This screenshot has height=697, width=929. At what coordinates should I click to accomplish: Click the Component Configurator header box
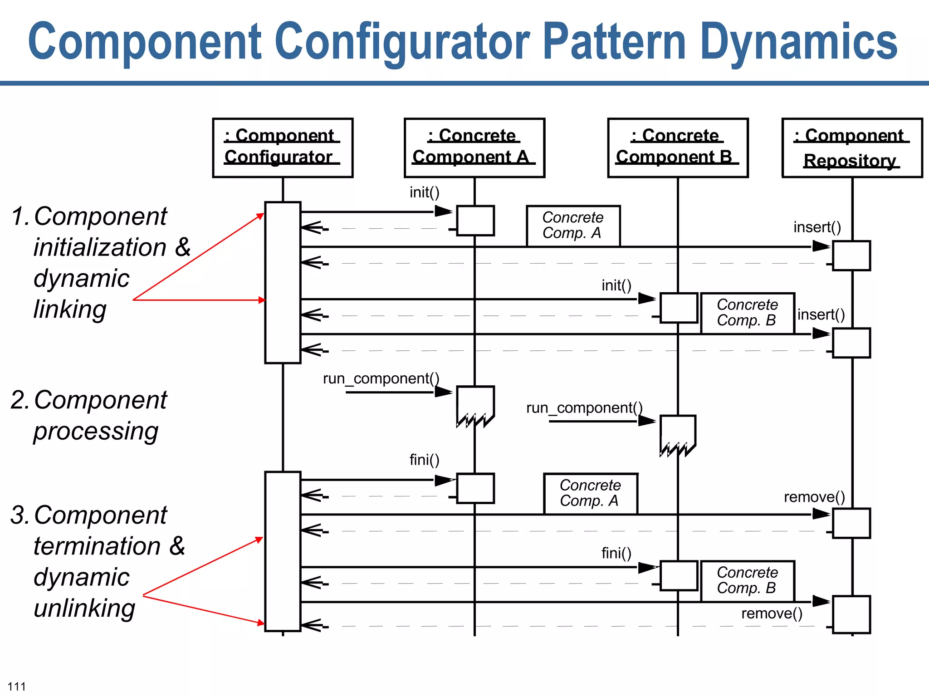(283, 147)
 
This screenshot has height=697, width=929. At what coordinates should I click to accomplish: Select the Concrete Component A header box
(474, 147)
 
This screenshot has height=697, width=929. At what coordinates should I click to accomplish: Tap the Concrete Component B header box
(678, 147)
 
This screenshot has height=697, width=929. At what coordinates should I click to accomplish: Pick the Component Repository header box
(852, 147)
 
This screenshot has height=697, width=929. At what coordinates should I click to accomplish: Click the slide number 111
(17, 686)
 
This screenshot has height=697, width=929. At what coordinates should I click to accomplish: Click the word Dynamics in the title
(798, 42)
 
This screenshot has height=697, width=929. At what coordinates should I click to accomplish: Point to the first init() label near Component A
(424, 192)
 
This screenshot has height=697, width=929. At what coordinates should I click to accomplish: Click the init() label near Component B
(616, 285)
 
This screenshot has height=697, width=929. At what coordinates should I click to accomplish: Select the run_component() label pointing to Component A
(381, 378)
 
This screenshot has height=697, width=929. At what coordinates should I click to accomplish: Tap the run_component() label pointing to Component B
(584, 408)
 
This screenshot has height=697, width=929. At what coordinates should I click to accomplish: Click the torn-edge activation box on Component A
(475, 405)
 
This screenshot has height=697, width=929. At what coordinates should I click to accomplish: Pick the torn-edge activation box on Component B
(678, 434)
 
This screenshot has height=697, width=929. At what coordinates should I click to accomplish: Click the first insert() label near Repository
(817, 227)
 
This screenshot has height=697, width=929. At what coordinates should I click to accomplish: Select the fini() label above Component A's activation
(424, 460)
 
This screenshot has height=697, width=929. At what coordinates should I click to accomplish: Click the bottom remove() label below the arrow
(772, 614)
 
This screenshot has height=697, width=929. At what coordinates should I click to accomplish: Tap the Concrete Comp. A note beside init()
(573, 226)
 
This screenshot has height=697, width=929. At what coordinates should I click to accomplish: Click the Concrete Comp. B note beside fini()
(747, 580)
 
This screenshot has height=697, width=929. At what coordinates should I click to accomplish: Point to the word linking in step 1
(70, 309)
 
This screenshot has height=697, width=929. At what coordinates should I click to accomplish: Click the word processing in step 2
(96, 431)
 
